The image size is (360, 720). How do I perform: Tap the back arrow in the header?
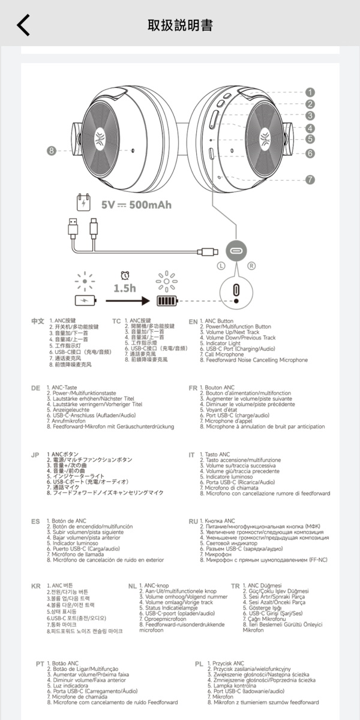tap(23, 25)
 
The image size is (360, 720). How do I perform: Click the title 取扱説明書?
tap(180, 25)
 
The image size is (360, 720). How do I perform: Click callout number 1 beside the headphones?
tap(310, 92)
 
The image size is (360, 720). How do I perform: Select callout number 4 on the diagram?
tap(310, 128)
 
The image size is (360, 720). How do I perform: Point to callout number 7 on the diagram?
tap(310, 179)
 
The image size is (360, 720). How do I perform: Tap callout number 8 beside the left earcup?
tap(52, 151)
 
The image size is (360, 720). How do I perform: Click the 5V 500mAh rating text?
tap(136, 205)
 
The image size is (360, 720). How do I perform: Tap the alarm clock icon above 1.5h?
tap(125, 275)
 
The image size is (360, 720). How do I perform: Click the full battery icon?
tap(167, 301)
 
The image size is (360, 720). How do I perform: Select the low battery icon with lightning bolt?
tap(85, 301)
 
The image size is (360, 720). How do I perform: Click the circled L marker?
tap(221, 266)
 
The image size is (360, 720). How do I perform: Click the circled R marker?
tap(251, 266)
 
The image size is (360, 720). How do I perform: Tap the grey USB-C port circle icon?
tap(236, 251)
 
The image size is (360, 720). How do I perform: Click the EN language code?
tap(193, 322)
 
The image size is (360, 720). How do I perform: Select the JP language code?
tap(35, 455)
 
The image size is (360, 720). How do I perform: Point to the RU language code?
tap(193, 521)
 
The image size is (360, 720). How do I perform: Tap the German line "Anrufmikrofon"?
tap(66, 421)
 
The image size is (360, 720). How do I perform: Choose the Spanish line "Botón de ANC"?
tap(67, 521)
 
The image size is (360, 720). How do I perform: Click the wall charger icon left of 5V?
tap(83, 203)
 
